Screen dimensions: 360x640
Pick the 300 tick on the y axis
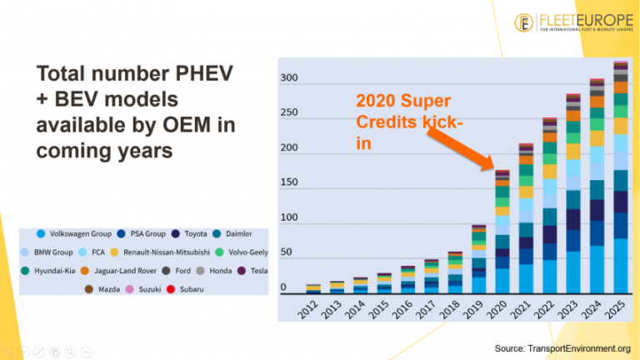[289, 78]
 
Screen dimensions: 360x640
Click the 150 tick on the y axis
[289, 182]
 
